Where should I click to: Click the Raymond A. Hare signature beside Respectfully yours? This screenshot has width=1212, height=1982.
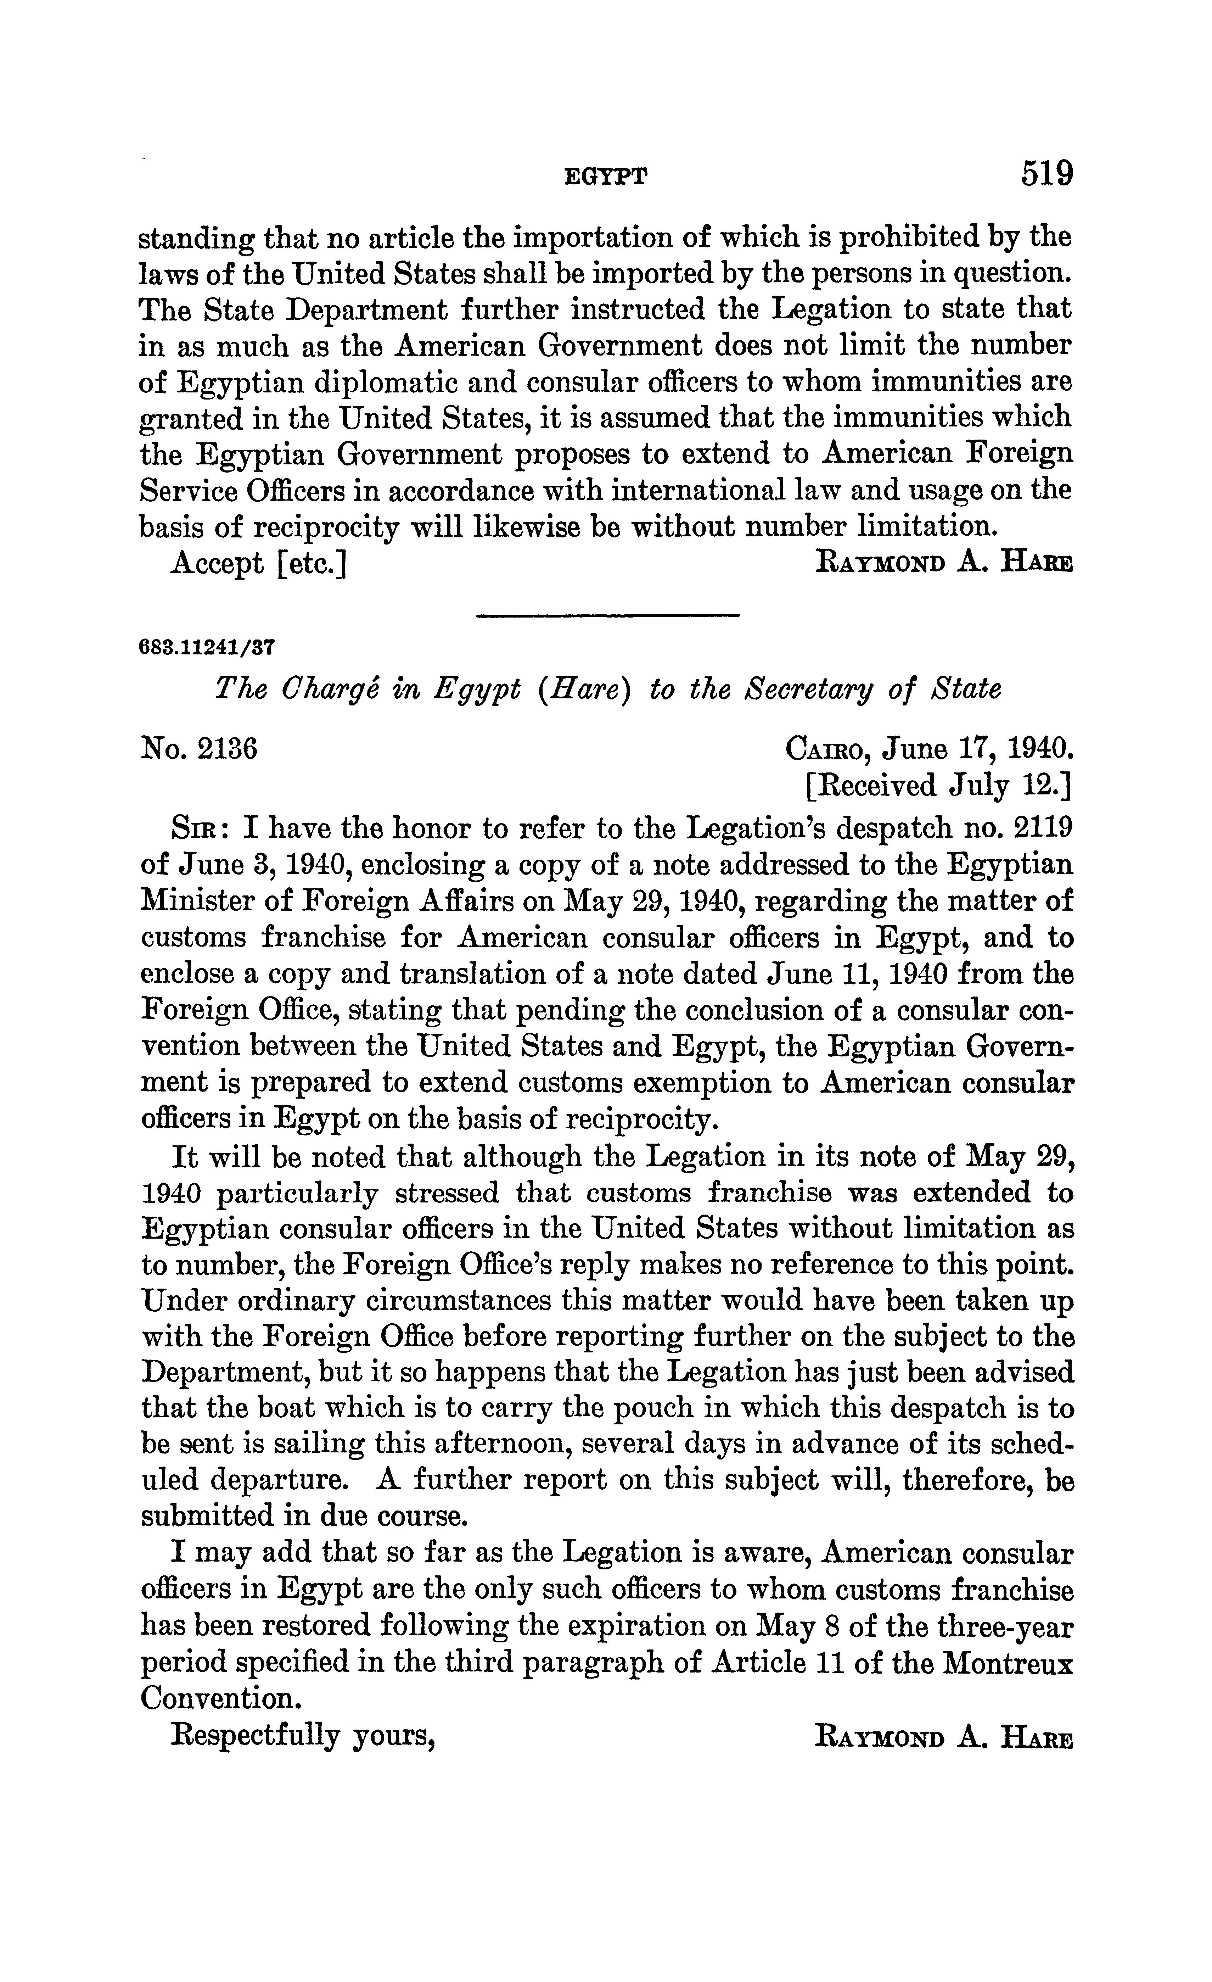pyautogui.click(x=944, y=1735)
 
